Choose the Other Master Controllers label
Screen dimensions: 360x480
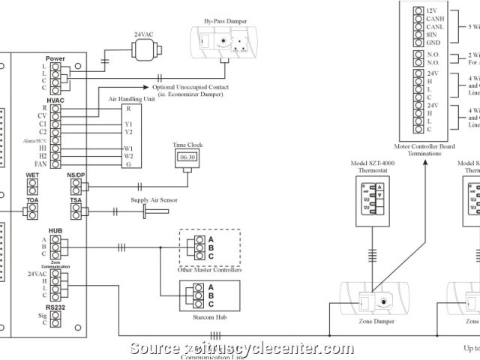209,269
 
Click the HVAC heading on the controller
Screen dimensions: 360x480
55,99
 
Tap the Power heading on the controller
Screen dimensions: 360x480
55,58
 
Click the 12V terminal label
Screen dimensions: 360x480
431,10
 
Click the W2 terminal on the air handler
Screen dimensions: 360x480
129,156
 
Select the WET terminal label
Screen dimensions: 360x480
32,175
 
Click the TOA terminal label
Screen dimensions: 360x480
32,200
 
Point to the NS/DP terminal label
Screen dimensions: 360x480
75,175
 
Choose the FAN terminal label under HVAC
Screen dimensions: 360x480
41,163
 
